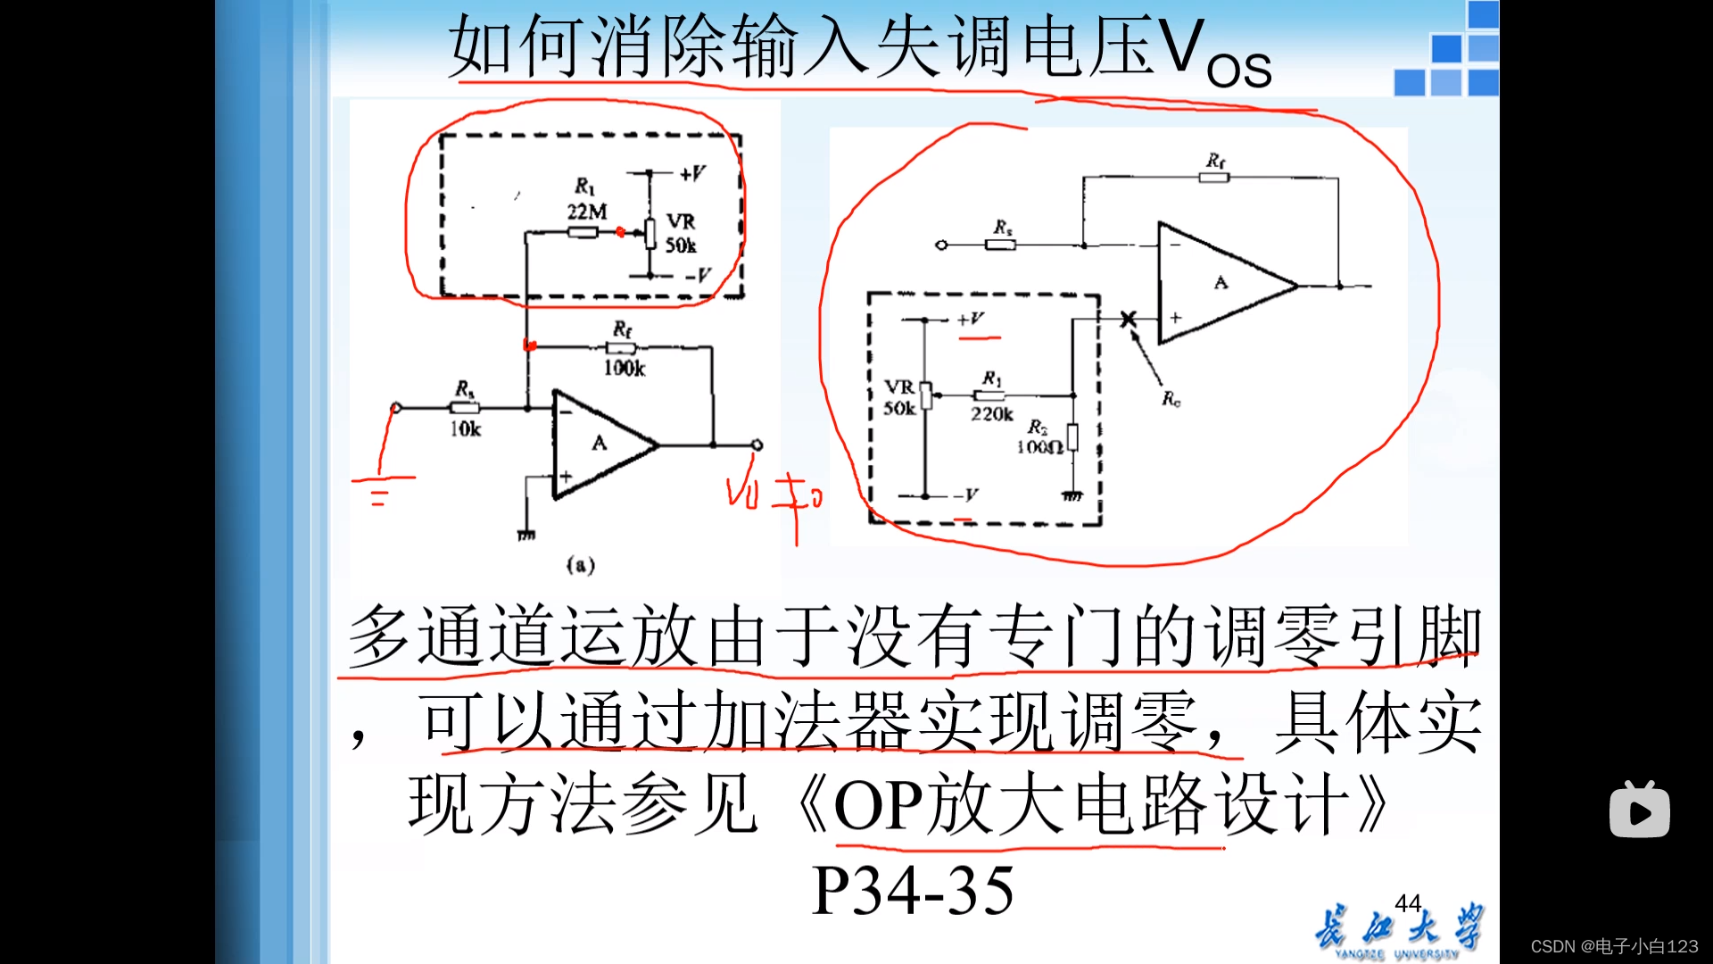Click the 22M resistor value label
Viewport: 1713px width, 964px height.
(587, 212)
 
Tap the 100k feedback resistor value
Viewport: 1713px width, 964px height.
(625, 368)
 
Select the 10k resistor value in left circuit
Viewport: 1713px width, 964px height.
(465, 429)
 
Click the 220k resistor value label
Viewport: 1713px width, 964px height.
(992, 414)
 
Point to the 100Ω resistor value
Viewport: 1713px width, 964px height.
(1039, 447)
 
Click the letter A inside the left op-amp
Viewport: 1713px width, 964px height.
(600, 443)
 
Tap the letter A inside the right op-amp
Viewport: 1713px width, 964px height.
(1221, 283)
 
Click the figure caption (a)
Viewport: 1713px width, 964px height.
(581, 565)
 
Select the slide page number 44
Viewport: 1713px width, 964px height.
(1408, 903)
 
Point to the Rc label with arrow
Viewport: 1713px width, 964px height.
(1171, 399)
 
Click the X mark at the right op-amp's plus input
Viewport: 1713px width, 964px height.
(1129, 319)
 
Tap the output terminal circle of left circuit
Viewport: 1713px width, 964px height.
(757, 445)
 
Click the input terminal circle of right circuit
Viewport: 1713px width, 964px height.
(941, 245)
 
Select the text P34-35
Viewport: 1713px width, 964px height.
(913, 891)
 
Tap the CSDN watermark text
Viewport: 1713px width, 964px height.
(1614, 946)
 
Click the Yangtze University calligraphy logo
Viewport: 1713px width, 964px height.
(1397, 930)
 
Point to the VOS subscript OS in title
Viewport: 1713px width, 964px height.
(1238, 70)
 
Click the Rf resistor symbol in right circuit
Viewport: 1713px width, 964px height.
(1213, 178)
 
